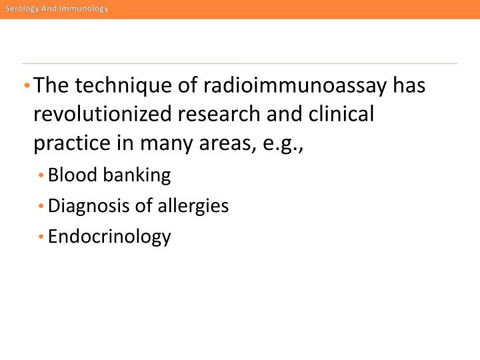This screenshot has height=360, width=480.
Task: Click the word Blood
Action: coord(70,175)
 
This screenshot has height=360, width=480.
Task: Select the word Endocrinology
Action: coord(109,237)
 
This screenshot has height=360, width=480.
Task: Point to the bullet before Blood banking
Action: coord(41,176)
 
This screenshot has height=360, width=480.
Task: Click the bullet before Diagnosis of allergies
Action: coord(41,207)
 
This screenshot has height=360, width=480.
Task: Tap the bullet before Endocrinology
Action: coord(41,237)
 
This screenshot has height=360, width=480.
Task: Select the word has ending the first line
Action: coord(409,86)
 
